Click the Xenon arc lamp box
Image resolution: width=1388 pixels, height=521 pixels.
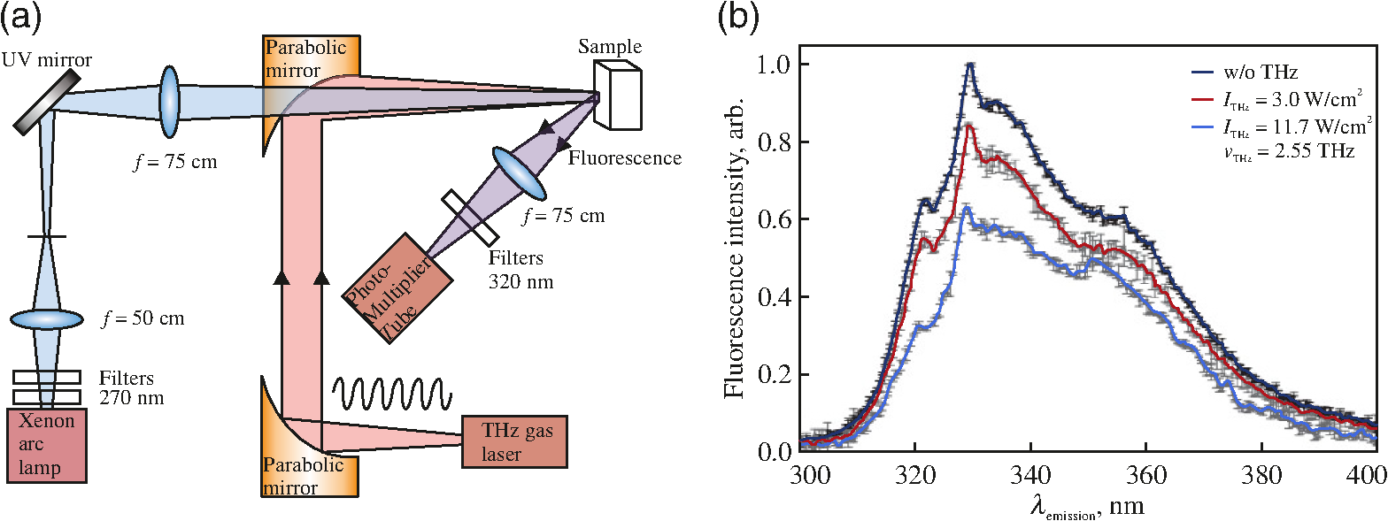[x=46, y=445]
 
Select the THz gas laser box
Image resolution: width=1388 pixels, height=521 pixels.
[x=514, y=441]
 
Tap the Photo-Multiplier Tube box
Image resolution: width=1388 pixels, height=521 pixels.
[x=397, y=288]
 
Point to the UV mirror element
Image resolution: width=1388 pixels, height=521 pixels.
[x=47, y=101]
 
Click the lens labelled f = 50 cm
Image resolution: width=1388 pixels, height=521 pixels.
[x=46, y=319]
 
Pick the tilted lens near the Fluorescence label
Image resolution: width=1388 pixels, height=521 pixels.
[x=520, y=173]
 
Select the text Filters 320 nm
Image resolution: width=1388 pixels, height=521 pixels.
[x=520, y=270]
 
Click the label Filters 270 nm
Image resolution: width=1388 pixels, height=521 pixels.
[x=131, y=387]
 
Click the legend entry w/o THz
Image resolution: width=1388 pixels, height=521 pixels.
[x=1245, y=73]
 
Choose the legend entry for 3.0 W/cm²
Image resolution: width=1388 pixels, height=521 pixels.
[x=1276, y=99]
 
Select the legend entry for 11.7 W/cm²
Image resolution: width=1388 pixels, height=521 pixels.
[x=1282, y=127]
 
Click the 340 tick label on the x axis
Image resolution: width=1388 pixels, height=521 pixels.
[x=1030, y=476]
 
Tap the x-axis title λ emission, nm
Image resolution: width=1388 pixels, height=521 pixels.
[x=1087, y=507]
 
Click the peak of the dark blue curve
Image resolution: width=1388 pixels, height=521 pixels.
[x=970, y=65]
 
